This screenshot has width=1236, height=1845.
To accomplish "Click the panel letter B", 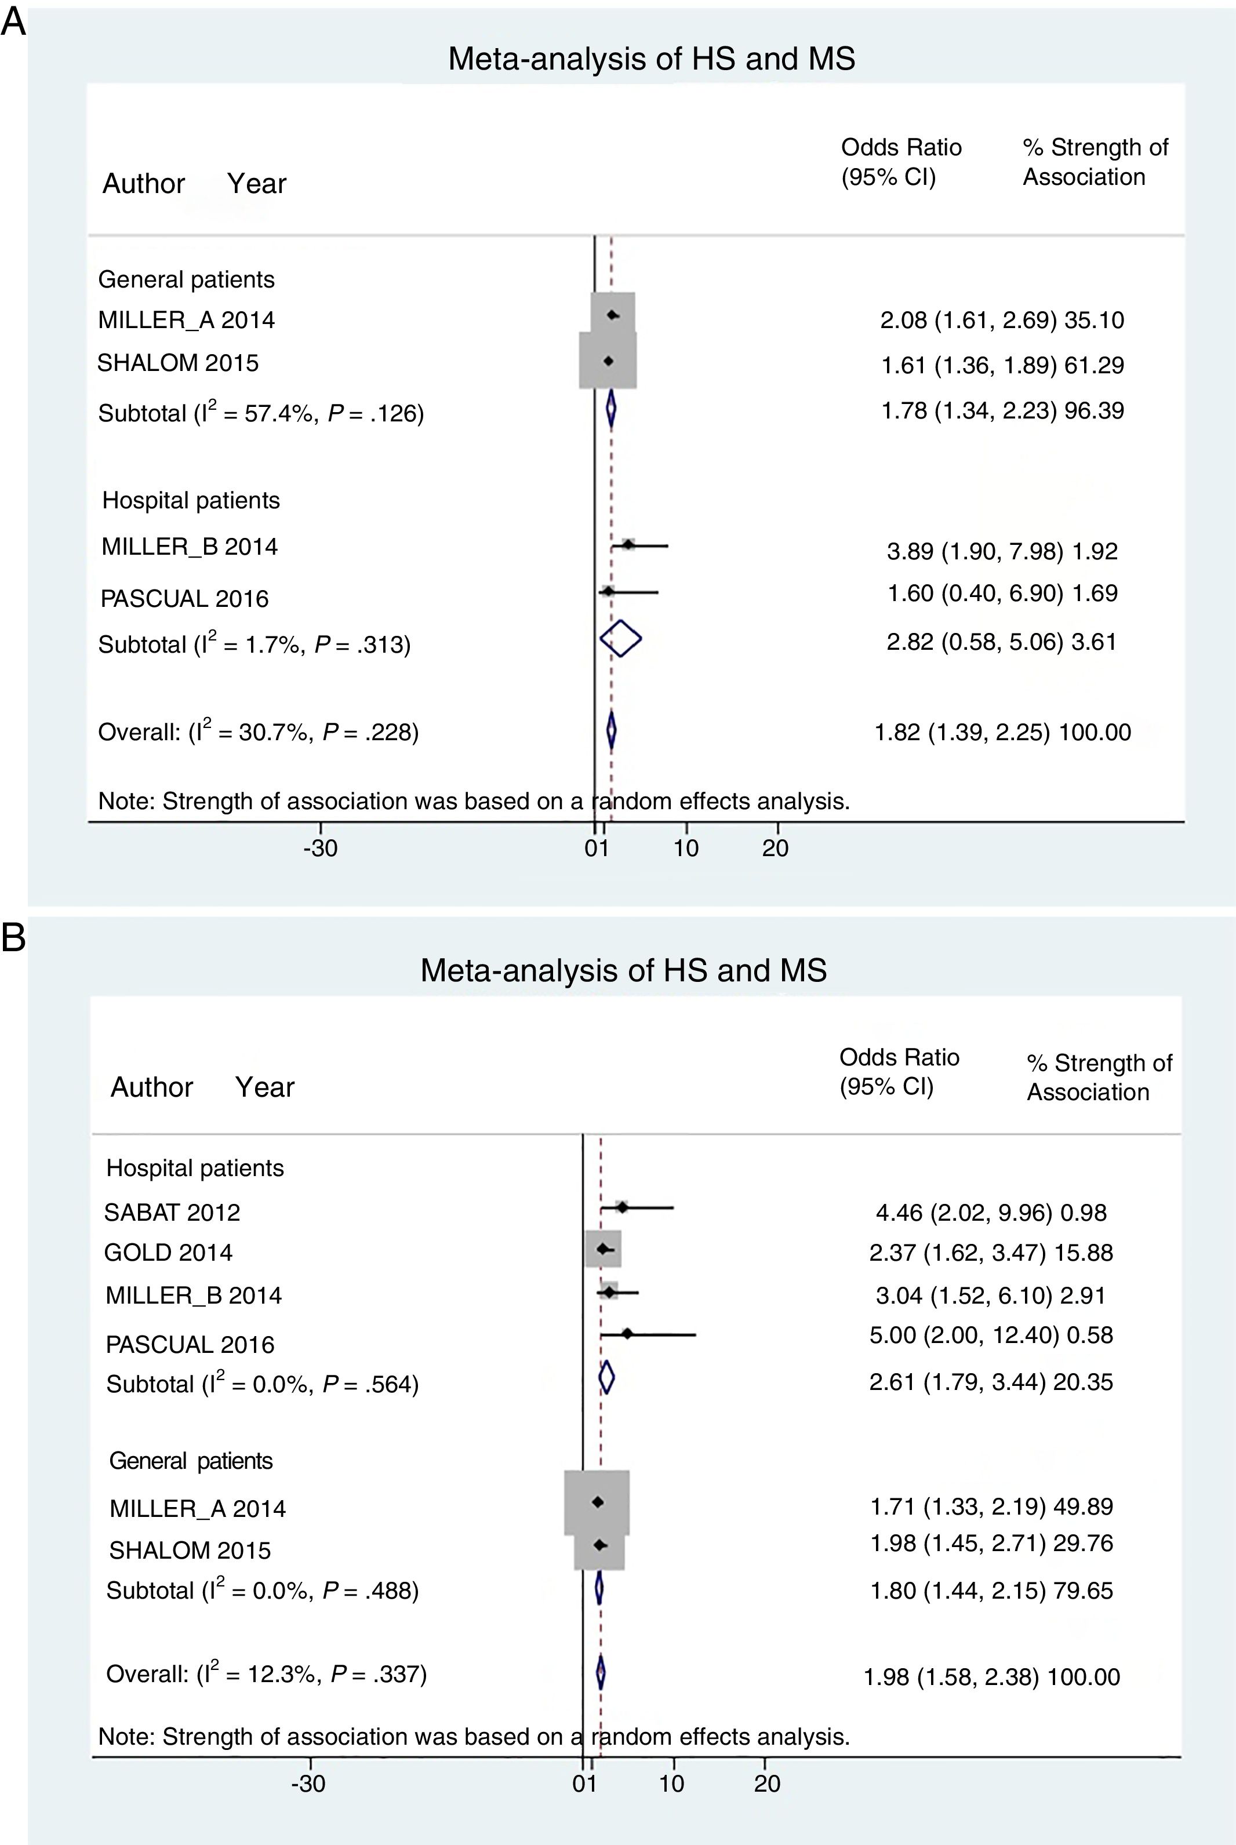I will click(x=13, y=938).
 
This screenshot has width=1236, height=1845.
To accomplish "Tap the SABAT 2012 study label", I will click(x=172, y=1212).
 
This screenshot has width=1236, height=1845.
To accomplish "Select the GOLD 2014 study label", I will click(x=168, y=1253).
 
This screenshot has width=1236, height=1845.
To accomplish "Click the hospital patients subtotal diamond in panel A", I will click(x=620, y=639).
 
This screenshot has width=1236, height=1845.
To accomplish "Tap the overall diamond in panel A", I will click(x=611, y=730).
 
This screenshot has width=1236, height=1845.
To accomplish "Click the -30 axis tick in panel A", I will click(x=320, y=848).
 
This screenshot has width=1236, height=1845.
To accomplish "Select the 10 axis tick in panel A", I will click(x=686, y=848).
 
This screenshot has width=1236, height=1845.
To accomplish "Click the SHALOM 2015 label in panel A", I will click(x=177, y=362).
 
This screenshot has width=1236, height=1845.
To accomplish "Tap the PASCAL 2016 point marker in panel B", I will click(x=627, y=1334).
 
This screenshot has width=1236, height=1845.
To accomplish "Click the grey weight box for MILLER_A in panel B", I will click(x=597, y=1502).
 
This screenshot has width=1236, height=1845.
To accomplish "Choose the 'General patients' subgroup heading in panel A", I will click(x=186, y=280).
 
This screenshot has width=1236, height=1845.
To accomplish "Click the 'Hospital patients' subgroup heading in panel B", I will click(x=195, y=1168).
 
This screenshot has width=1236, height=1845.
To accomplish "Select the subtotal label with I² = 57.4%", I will click(x=261, y=412).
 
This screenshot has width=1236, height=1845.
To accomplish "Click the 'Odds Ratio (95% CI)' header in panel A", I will click(x=901, y=162).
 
